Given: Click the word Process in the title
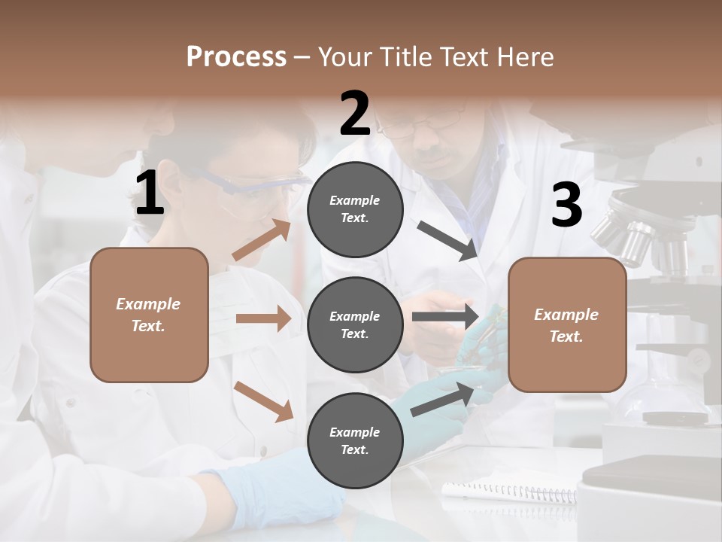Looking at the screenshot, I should (x=236, y=56).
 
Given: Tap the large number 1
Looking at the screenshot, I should (x=150, y=193).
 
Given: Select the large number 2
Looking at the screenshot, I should (x=355, y=114).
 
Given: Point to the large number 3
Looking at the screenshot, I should (x=566, y=205).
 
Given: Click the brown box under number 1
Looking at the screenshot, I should (x=149, y=315).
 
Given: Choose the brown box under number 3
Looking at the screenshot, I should (x=567, y=324).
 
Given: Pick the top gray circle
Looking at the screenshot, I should (x=355, y=209).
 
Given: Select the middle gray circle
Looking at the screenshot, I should (x=355, y=324).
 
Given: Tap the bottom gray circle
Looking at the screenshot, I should (x=355, y=440).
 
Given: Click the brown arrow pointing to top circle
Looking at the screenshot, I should (x=262, y=240).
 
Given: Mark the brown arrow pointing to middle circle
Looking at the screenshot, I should (x=263, y=318).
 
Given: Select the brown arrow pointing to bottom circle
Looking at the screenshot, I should (x=263, y=401).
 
